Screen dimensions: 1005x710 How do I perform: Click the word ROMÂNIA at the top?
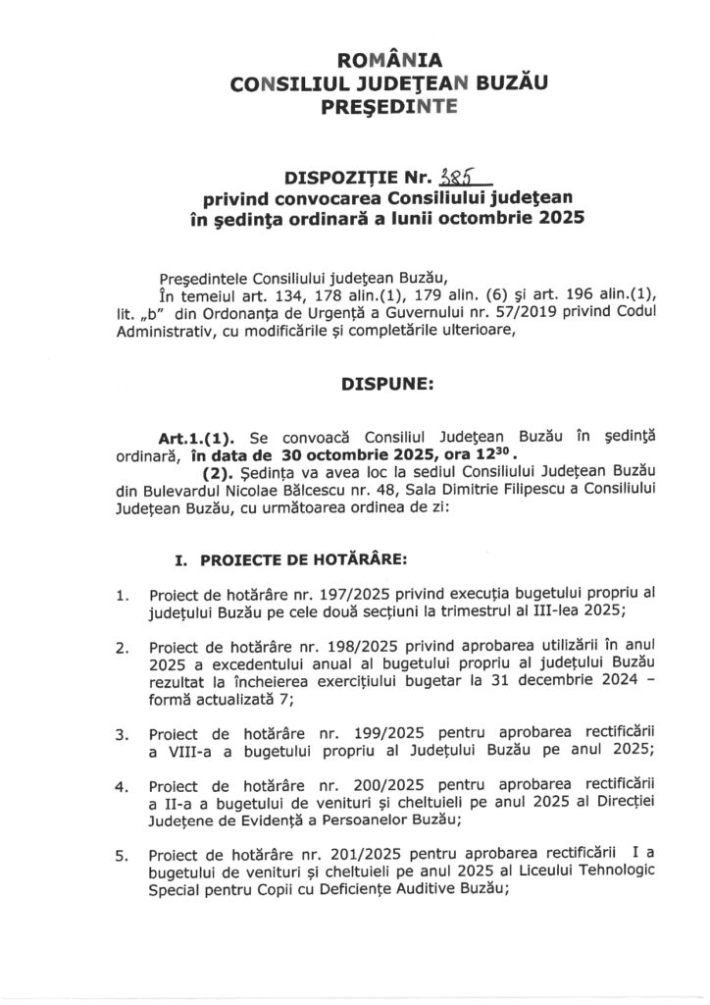[x=355, y=62]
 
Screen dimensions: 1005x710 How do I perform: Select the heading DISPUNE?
[x=355, y=386]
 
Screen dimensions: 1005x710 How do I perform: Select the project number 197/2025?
[x=318, y=596]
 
